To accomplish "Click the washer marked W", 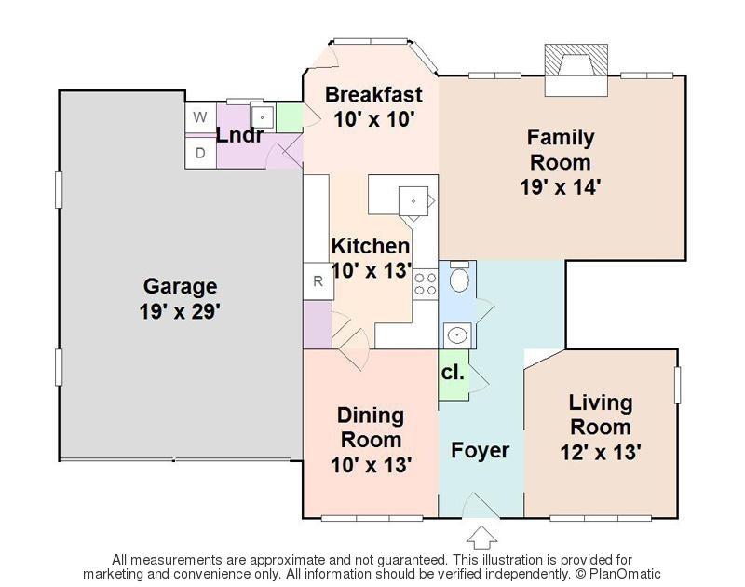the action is point(200,117).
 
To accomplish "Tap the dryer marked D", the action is point(200,153).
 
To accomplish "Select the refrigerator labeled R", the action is point(318,280).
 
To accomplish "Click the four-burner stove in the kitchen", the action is point(426,284).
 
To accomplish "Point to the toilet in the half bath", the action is point(459,277).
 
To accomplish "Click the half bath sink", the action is point(457,335).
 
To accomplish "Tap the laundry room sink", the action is point(262,116).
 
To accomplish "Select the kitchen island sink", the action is point(413,201).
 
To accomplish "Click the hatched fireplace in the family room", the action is point(576,60).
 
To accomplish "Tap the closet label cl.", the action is point(453,373).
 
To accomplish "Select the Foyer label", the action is point(480,450).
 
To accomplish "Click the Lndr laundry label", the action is point(240,135).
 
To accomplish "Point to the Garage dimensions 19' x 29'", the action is point(180,312).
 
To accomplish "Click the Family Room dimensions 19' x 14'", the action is point(561,186).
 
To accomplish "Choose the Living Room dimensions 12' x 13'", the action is point(601,452).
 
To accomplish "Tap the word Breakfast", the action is point(373,95).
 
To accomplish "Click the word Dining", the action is point(371,416).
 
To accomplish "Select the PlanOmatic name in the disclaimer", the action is point(625,574).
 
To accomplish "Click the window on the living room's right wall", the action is point(678,385).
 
